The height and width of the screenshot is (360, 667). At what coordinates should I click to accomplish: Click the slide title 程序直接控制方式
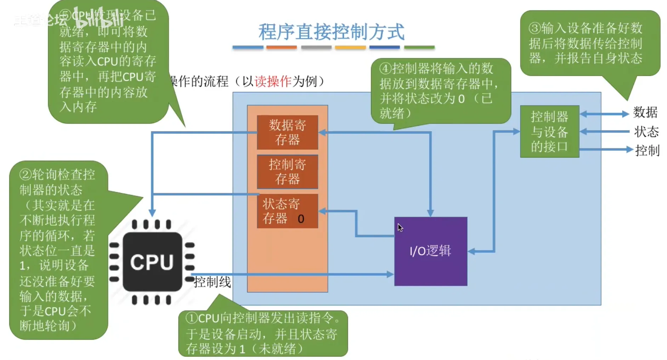point(331,32)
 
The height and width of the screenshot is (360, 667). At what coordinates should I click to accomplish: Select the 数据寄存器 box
point(287,132)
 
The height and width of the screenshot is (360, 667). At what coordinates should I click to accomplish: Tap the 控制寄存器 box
point(287,172)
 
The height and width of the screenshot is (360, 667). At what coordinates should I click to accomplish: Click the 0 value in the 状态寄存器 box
point(301,219)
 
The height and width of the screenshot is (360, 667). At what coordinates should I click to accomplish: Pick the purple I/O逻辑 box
point(431,258)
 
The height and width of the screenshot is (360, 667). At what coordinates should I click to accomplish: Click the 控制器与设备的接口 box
point(549,131)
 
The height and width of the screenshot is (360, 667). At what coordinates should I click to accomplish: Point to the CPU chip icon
point(152,262)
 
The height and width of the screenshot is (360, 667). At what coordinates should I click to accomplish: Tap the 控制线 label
point(212,282)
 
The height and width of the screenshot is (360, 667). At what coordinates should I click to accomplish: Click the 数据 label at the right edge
point(645,113)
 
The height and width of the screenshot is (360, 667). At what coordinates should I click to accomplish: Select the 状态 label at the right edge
point(646,132)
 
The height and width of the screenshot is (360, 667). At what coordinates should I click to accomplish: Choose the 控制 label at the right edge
point(647,150)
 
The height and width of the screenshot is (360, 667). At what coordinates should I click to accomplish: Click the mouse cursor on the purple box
point(400,227)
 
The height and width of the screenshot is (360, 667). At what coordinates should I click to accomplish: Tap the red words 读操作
point(273,81)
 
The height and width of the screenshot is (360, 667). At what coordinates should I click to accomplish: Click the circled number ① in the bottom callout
point(192,318)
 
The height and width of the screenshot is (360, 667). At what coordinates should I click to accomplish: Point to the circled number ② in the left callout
point(25,175)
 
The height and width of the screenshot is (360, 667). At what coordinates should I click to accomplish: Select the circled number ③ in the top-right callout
point(535,28)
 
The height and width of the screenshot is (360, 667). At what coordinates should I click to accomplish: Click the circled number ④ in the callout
point(386,68)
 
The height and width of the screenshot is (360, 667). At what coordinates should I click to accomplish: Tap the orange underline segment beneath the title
point(281,47)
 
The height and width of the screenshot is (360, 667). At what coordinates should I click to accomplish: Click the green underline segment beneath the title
point(419,47)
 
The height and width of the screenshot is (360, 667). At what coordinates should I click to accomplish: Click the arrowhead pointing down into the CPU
point(152,213)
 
